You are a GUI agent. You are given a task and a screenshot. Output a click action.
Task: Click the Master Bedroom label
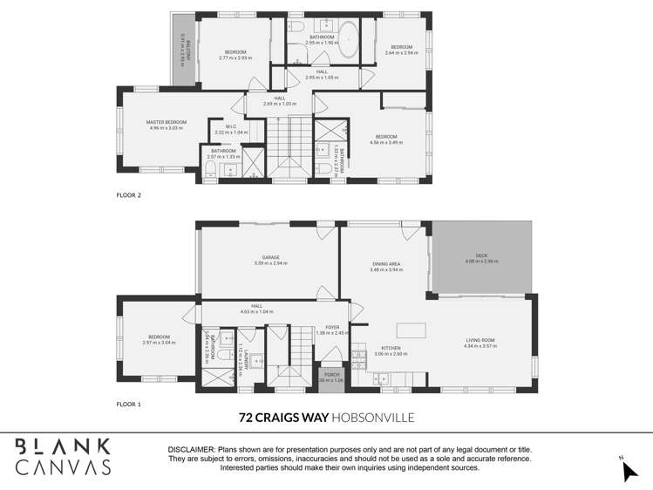coord(166,122)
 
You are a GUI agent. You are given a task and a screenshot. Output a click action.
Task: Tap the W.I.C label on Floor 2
coord(231,126)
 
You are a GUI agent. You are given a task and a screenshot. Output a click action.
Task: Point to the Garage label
coord(270,258)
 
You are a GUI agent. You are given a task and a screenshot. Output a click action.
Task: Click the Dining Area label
coord(386,264)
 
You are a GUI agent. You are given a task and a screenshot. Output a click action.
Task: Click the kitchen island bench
coord(412,330)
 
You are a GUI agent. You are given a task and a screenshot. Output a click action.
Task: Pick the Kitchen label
coord(390,349)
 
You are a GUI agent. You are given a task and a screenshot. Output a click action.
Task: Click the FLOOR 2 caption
coord(129,195)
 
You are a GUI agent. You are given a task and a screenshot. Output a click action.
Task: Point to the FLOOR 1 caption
coord(129,405)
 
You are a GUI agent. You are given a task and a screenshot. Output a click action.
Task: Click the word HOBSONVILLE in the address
coord(373,418)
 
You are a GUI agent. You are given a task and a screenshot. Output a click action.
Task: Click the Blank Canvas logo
coord(63,456)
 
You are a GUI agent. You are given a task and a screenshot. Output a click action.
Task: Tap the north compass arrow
coord(629,471)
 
